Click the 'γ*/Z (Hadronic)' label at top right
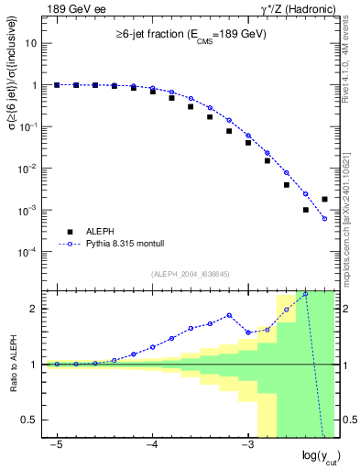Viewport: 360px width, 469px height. pos(296,8)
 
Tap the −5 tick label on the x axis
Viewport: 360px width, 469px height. pos(56,445)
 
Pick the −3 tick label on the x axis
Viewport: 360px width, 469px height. pos(246,445)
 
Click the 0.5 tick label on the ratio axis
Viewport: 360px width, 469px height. pos(30,420)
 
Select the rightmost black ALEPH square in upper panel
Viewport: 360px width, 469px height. pos(325,199)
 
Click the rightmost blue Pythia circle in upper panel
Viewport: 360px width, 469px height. pos(325,219)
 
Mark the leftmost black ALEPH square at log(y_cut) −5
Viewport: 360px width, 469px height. pos(57,84)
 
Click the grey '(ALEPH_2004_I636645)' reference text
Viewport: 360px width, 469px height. pos(191,274)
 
